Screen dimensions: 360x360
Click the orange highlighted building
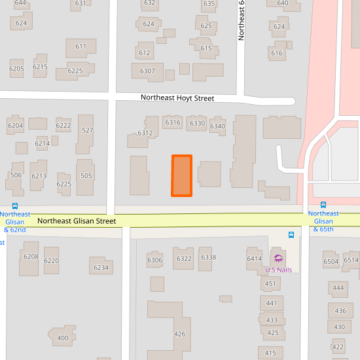(181, 175)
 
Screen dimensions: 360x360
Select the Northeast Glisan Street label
(77, 221)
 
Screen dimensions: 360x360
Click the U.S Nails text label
(278, 270)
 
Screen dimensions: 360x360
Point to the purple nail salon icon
(278, 258)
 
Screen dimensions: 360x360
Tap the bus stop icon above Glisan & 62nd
(15, 206)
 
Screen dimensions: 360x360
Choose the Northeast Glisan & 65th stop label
(323, 221)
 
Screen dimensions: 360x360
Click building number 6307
(147, 71)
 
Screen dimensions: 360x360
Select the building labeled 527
(87, 130)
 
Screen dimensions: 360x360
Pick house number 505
(86, 175)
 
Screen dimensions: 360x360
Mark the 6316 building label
(173, 122)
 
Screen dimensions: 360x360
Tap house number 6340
(217, 126)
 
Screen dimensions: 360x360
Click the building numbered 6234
(101, 267)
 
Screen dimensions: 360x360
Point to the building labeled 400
(63, 338)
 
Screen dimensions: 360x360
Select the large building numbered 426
(179, 334)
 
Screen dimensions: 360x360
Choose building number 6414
(254, 259)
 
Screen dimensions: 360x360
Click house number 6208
(31, 256)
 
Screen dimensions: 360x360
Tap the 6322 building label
(184, 259)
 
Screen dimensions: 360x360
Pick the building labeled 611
(81, 46)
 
